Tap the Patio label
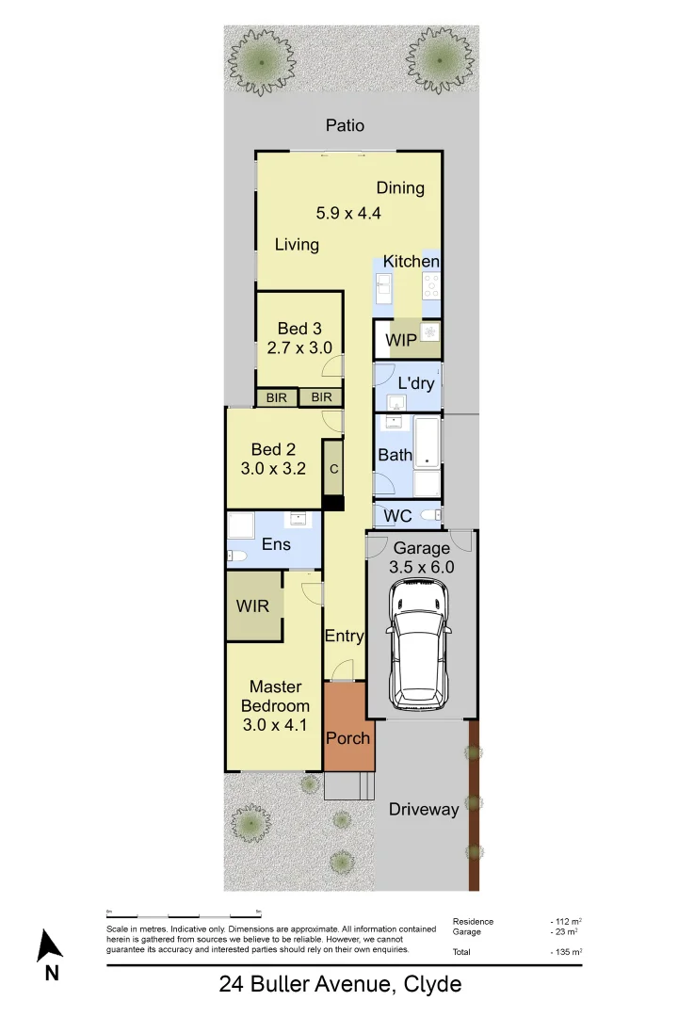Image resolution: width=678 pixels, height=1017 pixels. click(345, 125)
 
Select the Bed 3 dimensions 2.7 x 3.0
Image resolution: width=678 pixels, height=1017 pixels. click(299, 347)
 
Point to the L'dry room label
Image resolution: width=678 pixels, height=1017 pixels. click(414, 384)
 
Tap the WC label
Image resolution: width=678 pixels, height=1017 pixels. click(398, 515)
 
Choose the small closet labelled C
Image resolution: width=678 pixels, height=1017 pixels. click(333, 468)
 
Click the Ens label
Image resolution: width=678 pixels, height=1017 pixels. click(276, 544)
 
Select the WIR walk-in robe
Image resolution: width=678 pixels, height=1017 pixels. click(252, 605)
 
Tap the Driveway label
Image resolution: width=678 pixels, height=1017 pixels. click(424, 809)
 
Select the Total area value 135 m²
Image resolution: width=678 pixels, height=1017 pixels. click(567, 953)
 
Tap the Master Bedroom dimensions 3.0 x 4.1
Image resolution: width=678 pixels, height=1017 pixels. click(275, 724)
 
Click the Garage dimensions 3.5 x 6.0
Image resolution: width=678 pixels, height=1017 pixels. click(422, 567)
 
